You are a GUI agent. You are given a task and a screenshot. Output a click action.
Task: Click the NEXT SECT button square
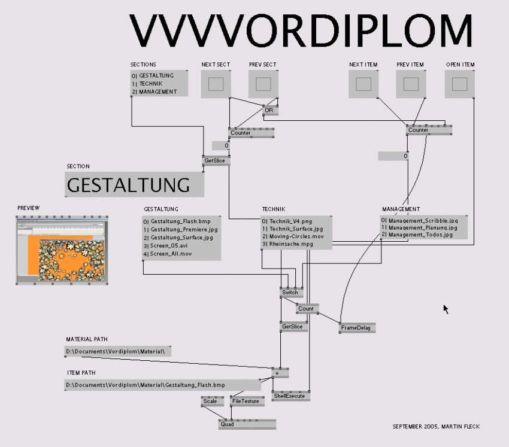216,84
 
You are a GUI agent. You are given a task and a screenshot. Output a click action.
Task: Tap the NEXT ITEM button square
363,84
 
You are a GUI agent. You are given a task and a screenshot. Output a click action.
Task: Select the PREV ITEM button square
411,84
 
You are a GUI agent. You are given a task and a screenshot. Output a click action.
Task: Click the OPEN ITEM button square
459,84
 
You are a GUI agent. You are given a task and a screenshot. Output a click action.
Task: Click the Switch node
290,293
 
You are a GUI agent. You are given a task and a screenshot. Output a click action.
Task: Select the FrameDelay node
356,328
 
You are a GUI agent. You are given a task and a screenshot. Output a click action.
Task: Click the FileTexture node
246,402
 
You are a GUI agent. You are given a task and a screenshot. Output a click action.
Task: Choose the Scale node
210,402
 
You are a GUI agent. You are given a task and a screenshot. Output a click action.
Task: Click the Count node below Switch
306,309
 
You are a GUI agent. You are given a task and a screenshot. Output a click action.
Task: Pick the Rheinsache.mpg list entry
287,244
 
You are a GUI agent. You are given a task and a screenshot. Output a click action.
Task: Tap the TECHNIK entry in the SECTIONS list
153,84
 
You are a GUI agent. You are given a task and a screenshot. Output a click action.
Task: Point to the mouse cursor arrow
446,308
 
